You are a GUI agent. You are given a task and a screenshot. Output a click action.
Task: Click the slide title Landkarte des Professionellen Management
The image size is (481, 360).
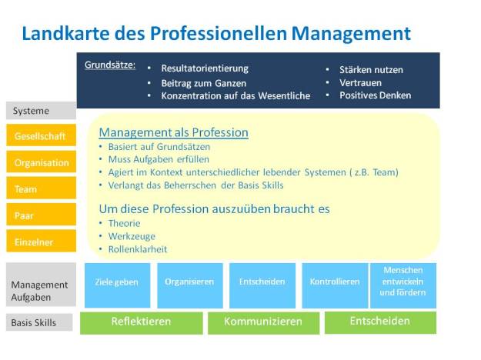click(x=215, y=33)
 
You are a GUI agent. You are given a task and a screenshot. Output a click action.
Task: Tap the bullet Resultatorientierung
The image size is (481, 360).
click(x=204, y=68)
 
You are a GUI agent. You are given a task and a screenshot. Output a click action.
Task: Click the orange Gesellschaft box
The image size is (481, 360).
click(x=41, y=136)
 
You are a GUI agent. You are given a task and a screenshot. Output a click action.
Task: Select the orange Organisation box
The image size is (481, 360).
click(x=41, y=162)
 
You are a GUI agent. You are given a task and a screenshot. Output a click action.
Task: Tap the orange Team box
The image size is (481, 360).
click(x=41, y=188)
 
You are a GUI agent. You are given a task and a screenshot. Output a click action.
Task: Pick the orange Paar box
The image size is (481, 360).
click(x=41, y=215)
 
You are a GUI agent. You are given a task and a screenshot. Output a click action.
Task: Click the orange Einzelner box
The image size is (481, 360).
click(x=41, y=242)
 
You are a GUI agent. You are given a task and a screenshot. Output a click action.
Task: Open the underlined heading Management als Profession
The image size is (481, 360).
click(x=173, y=132)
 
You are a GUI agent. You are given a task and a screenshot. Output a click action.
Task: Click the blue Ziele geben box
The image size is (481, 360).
click(x=116, y=282)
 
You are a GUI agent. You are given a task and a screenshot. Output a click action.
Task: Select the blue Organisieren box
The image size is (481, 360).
click(x=189, y=282)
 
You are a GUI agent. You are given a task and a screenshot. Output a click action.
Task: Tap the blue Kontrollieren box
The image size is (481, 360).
click(x=334, y=282)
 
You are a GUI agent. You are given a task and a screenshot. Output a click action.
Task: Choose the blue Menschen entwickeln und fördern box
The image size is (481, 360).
click(x=403, y=282)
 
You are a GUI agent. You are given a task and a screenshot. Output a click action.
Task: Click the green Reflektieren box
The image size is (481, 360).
click(x=141, y=322)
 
